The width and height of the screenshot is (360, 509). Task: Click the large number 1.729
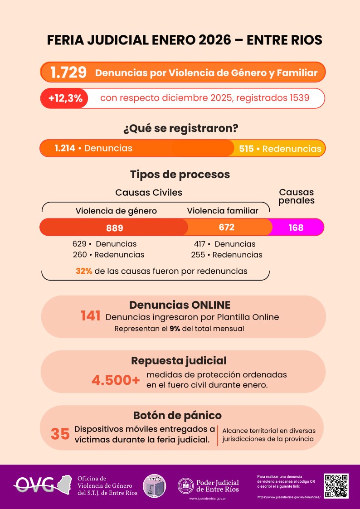click(68, 73)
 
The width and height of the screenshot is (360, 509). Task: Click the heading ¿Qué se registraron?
click(180, 128)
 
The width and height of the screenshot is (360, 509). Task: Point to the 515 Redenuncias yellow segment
click(280, 149)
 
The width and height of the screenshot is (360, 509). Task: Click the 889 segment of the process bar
click(114, 228)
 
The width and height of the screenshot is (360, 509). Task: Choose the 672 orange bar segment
click(226, 227)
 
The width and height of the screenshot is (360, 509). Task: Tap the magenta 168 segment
click(296, 228)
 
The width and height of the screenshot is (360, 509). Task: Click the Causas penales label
click(297, 196)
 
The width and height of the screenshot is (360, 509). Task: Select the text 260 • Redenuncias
click(108, 255)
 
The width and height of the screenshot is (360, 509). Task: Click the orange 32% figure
click(84, 271)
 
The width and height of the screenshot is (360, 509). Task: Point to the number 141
click(90, 316)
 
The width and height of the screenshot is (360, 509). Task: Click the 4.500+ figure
click(116, 380)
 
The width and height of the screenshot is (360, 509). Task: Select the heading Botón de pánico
click(177, 415)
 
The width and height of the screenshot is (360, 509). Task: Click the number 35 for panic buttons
click(60, 434)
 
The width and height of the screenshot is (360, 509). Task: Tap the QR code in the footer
click(336, 486)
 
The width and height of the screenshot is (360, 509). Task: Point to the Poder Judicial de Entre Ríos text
click(217, 486)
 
